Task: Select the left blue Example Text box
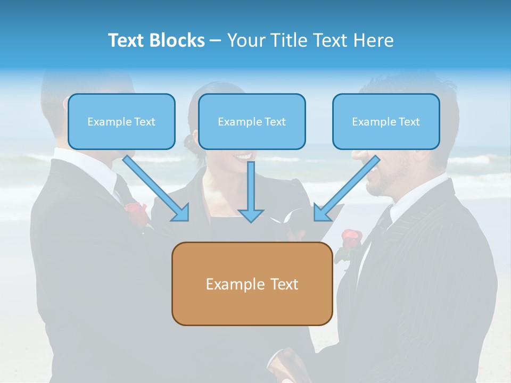(121, 122)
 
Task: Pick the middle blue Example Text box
(252, 122)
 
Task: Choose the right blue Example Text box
(386, 122)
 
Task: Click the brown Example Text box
(252, 284)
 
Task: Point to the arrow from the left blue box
(155, 188)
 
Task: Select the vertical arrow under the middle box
(251, 191)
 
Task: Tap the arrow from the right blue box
(347, 188)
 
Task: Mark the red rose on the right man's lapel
(350, 238)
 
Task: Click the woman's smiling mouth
(243, 156)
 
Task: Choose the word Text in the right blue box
(409, 122)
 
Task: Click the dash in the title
(216, 40)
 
